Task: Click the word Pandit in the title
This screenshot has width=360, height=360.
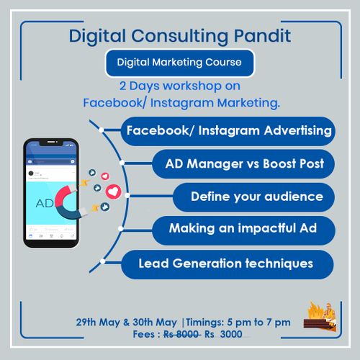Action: point(262,36)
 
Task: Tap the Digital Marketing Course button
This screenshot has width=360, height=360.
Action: point(179,63)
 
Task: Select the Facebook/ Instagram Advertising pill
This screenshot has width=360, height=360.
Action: point(228,131)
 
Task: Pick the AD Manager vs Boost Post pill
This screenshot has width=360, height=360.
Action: point(243,164)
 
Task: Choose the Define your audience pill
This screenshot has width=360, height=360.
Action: point(254,197)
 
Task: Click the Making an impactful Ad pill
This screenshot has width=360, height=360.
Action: point(243,230)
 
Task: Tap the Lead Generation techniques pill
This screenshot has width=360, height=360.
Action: point(228,264)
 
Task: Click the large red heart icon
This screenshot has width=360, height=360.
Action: point(113,192)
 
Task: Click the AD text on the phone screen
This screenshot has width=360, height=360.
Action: point(45,204)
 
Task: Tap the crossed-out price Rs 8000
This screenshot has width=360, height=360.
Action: point(181,334)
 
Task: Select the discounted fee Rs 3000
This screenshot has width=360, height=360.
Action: point(223,334)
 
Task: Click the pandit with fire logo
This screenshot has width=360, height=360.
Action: point(320,316)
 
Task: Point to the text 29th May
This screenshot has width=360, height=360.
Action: point(98,322)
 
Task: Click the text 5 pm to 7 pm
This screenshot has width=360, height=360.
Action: point(258,323)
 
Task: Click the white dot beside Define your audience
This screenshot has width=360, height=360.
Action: point(127,196)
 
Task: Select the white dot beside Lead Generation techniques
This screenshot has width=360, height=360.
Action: point(102,261)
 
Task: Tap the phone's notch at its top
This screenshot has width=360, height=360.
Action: point(51,143)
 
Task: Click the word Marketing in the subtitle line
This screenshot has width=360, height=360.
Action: point(248,103)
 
